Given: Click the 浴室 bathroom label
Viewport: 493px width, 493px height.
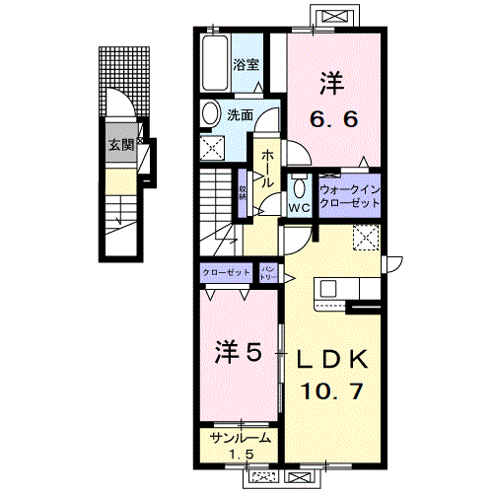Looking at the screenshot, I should (x=246, y=66).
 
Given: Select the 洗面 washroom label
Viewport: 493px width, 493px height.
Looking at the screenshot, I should (x=241, y=115).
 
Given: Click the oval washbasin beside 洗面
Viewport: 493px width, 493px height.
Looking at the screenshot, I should (x=209, y=116).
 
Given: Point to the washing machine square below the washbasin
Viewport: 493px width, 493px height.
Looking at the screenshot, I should (x=213, y=149).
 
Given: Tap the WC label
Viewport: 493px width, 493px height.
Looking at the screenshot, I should (x=299, y=208).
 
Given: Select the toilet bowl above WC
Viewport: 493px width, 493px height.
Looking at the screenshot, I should (x=299, y=187).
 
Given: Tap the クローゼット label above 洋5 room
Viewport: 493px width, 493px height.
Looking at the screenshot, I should (x=226, y=272).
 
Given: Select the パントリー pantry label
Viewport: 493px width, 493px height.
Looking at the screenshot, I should (x=269, y=272).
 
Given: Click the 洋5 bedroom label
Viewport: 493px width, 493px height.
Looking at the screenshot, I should (x=238, y=352).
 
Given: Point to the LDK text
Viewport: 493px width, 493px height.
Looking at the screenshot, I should (x=332, y=358).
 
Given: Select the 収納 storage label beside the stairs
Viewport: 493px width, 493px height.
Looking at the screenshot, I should (x=243, y=192).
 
